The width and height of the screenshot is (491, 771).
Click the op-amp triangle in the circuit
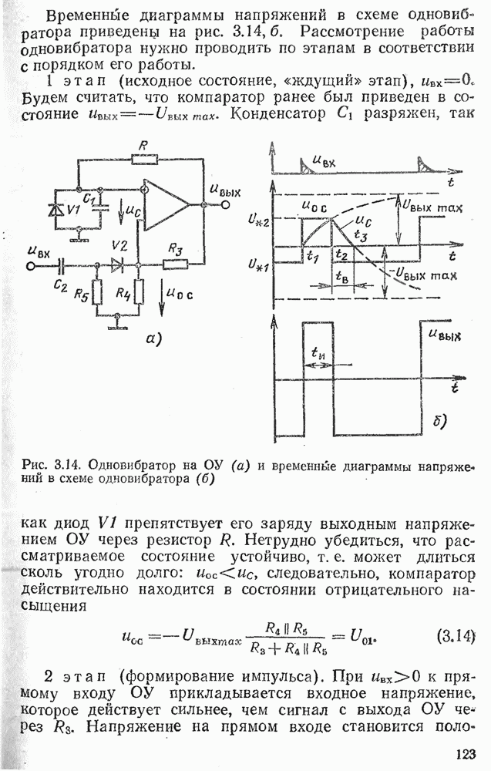coord(166,204)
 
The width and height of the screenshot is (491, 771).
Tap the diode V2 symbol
coord(117,264)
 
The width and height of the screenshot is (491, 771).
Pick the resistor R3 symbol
coord(175,264)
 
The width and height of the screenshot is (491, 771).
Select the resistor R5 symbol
coord(97,294)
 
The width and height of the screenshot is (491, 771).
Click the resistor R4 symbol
coord(139,293)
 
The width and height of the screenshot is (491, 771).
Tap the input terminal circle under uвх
coord(32,265)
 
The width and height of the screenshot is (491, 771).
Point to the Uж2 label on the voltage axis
coord(259,223)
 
